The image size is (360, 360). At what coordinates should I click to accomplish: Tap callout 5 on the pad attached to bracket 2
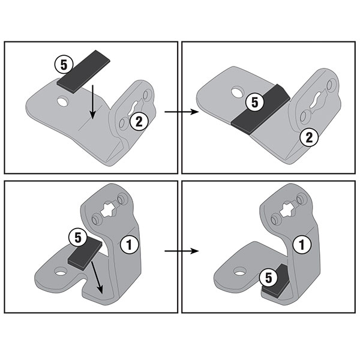(255, 103)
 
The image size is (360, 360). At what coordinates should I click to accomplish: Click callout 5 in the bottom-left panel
(76, 237)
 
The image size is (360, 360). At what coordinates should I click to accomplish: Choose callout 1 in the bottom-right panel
(302, 243)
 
